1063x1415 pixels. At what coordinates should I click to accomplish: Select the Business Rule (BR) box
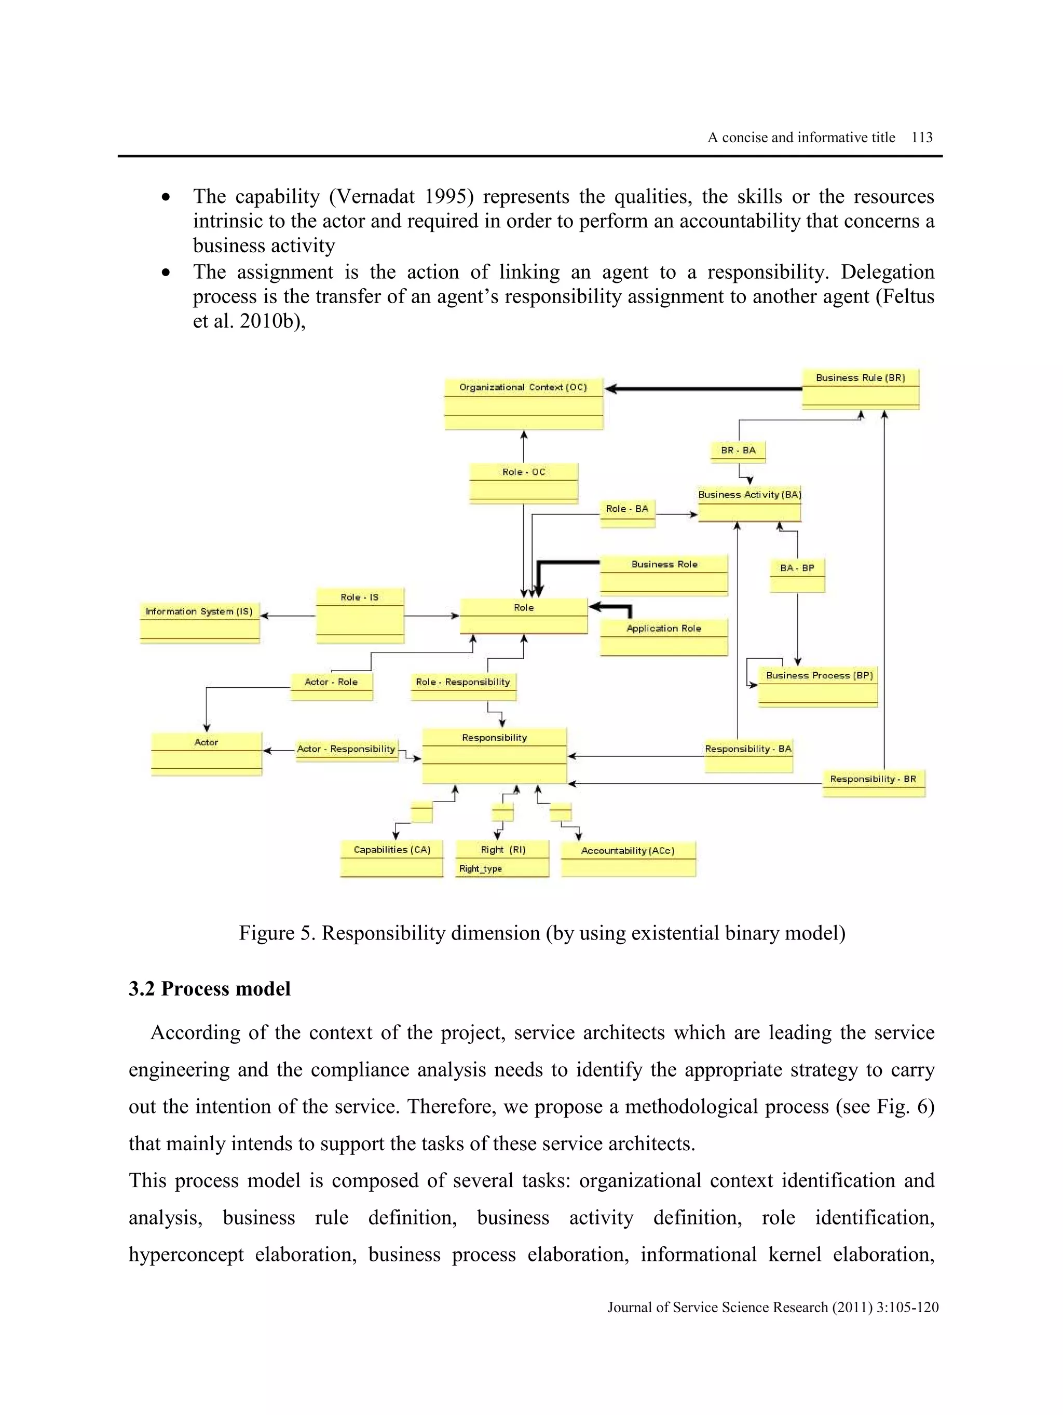(860, 388)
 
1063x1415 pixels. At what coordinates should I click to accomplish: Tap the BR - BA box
(738, 451)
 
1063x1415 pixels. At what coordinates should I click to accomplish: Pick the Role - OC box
(523, 483)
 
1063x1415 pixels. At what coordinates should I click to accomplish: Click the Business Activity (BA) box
(749, 504)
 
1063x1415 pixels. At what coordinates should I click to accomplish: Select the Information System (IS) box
(199, 621)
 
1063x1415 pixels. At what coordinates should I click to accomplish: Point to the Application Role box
(664, 636)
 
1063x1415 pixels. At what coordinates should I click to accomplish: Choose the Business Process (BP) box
(817, 686)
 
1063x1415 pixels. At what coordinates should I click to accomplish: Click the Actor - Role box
(331, 686)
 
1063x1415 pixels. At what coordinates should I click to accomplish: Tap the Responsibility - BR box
(873, 783)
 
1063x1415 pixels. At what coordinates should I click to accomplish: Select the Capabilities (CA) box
(391, 858)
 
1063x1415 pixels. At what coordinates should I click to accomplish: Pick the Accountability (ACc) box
(628, 859)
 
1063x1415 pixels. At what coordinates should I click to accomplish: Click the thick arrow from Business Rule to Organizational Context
(703, 388)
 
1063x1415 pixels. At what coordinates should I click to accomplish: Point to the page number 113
(922, 138)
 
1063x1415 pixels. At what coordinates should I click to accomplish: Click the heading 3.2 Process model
(209, 988)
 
